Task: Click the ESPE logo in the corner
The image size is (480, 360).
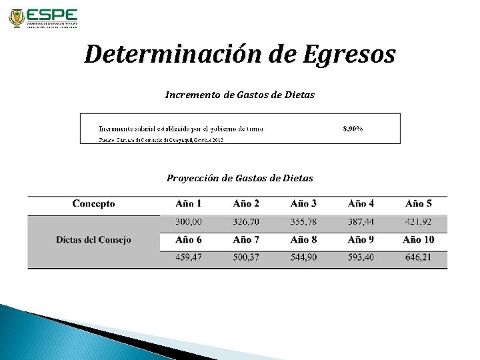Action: click(43, 18)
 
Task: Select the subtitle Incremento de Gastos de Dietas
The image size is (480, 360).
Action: click(240, 95)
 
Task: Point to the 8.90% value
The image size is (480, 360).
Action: click(353, 128)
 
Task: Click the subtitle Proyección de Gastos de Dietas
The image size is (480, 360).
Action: click(240, 178)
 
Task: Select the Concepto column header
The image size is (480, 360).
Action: click(93, 204)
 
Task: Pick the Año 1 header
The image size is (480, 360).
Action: click(189, 204)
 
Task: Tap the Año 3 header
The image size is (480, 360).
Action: click(304, 204)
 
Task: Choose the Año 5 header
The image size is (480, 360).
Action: click(419, 204)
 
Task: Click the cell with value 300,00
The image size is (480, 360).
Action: click(189, 221)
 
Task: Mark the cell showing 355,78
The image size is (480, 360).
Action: click(304, 221)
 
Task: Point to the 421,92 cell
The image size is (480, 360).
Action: click(419, 221)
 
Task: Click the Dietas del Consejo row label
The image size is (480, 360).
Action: click(93, 239)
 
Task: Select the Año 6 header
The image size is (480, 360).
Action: click(189, 239)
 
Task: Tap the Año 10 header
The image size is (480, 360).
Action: click(419, 239)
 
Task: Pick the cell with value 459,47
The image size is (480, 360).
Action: click(189, 257)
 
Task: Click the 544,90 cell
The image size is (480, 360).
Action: click(304, 257)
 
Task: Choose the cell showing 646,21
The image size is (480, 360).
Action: click(419, 257)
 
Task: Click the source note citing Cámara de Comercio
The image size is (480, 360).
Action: click(161, 139)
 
